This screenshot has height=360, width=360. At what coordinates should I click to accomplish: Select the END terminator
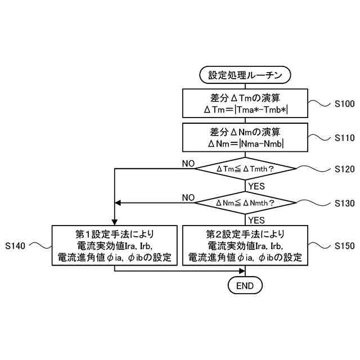pyautogui.click(x=245, y=286)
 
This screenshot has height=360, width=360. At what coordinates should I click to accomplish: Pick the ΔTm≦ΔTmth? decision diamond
pyautogui.click(x=245, y=169)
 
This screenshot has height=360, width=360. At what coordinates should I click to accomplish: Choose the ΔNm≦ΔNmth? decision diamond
pyautogui.click(x=245, y=202)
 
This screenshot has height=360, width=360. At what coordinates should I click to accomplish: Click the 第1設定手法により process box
pyautogui.click(x=115, y=246)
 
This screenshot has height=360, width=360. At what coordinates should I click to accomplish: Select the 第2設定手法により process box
pyautogui.click(x=245, y=246)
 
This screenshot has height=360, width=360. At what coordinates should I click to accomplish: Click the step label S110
pyautogui.click(x=345, y=137)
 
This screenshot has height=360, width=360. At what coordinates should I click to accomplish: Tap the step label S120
pyautogui.click(x=345, y=169)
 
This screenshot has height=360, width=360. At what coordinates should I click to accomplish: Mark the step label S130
pyautogui.click(x=345, y=202)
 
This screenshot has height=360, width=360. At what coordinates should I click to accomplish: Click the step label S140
pyautogui.click(x=16, y=246)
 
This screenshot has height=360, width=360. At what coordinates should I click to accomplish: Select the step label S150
pyautogui.click(x=345, y=246)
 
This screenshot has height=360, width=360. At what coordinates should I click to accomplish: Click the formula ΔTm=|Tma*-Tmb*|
pyautogui.click(x=245, y=109)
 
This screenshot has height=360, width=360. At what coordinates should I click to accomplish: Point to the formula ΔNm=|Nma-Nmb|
pyautogui.click(x=245, y=144)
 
